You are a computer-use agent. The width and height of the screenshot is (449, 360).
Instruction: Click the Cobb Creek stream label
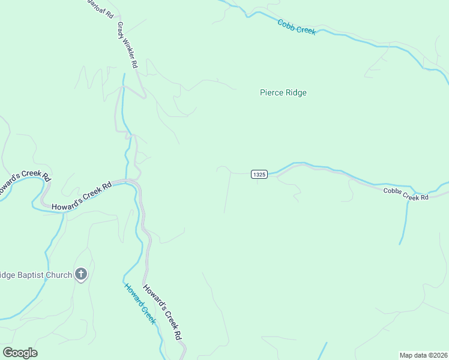[x=297, y=27]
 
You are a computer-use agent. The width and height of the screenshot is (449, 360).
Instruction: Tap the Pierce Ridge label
[x=283, y=92]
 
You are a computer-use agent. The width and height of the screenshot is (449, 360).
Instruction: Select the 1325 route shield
[x=259, y=174]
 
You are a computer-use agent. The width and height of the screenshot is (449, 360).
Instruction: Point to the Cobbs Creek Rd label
[x=406, y=194]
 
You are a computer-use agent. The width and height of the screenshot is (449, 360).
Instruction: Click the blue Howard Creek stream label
[x=140, y=303]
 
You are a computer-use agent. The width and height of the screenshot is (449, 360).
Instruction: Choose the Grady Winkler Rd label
[x=128, y=45]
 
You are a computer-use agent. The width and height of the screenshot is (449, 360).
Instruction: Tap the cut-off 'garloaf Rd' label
[x=101, y=8]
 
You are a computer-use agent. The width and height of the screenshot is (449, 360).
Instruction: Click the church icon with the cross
[x=82, y=275]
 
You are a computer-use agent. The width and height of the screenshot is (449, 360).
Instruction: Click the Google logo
[x=20, y=353]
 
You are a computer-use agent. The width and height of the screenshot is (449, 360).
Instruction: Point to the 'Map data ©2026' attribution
[x=423, y=355]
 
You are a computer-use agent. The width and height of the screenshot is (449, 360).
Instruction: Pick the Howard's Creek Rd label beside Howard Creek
[x=162, y=312]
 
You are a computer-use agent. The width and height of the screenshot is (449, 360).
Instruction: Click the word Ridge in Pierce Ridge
[x=295, y=92]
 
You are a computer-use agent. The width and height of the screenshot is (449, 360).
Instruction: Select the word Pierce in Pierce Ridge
[x=271, y=92]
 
